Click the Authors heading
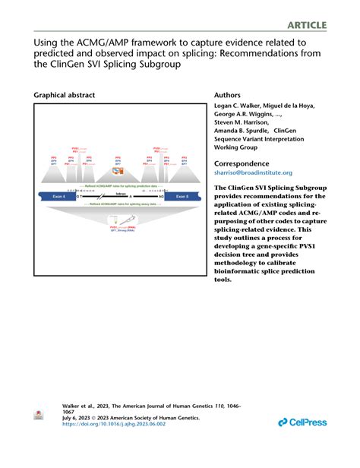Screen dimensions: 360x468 click(232, 96)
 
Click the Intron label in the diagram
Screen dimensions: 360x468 click(120, 193)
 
